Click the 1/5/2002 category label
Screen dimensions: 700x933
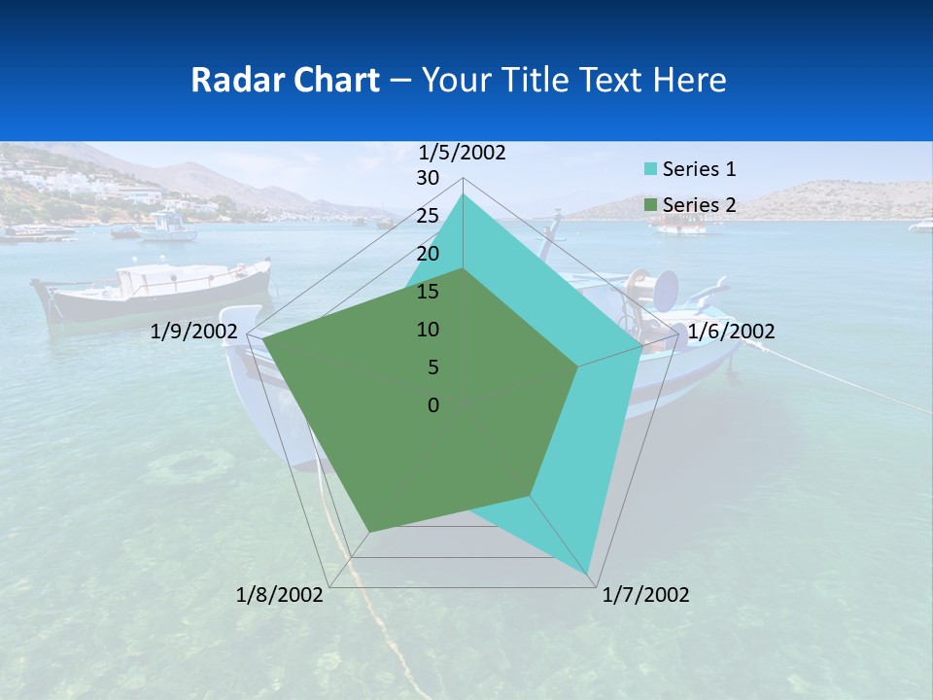click(x=462, y=152)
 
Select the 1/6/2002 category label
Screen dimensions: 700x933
click(x=731, y=332)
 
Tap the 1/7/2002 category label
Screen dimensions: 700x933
click(x=645, y=595)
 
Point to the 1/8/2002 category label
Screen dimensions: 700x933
click(x=280, y=595)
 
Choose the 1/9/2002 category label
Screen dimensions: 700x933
click(x=194, y=332)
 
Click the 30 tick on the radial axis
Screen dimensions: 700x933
click(x=428, y=178)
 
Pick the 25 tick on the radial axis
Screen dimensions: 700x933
click(x=428, y=216)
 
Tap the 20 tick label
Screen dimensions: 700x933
click(x=428, y=254)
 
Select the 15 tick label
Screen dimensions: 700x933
click(x=428, y=292)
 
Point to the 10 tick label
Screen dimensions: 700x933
click(x=428, y=330)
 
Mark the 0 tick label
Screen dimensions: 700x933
click(x=433, y=404)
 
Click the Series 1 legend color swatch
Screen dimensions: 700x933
click(x=650, y=169)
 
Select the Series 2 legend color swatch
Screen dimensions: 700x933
click(x=650, y=205)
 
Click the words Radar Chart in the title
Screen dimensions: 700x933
click(x=285, y=80)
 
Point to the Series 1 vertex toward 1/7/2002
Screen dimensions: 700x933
click(x=589, y=574)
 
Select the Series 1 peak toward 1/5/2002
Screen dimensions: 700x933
click(x=463, y=194)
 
